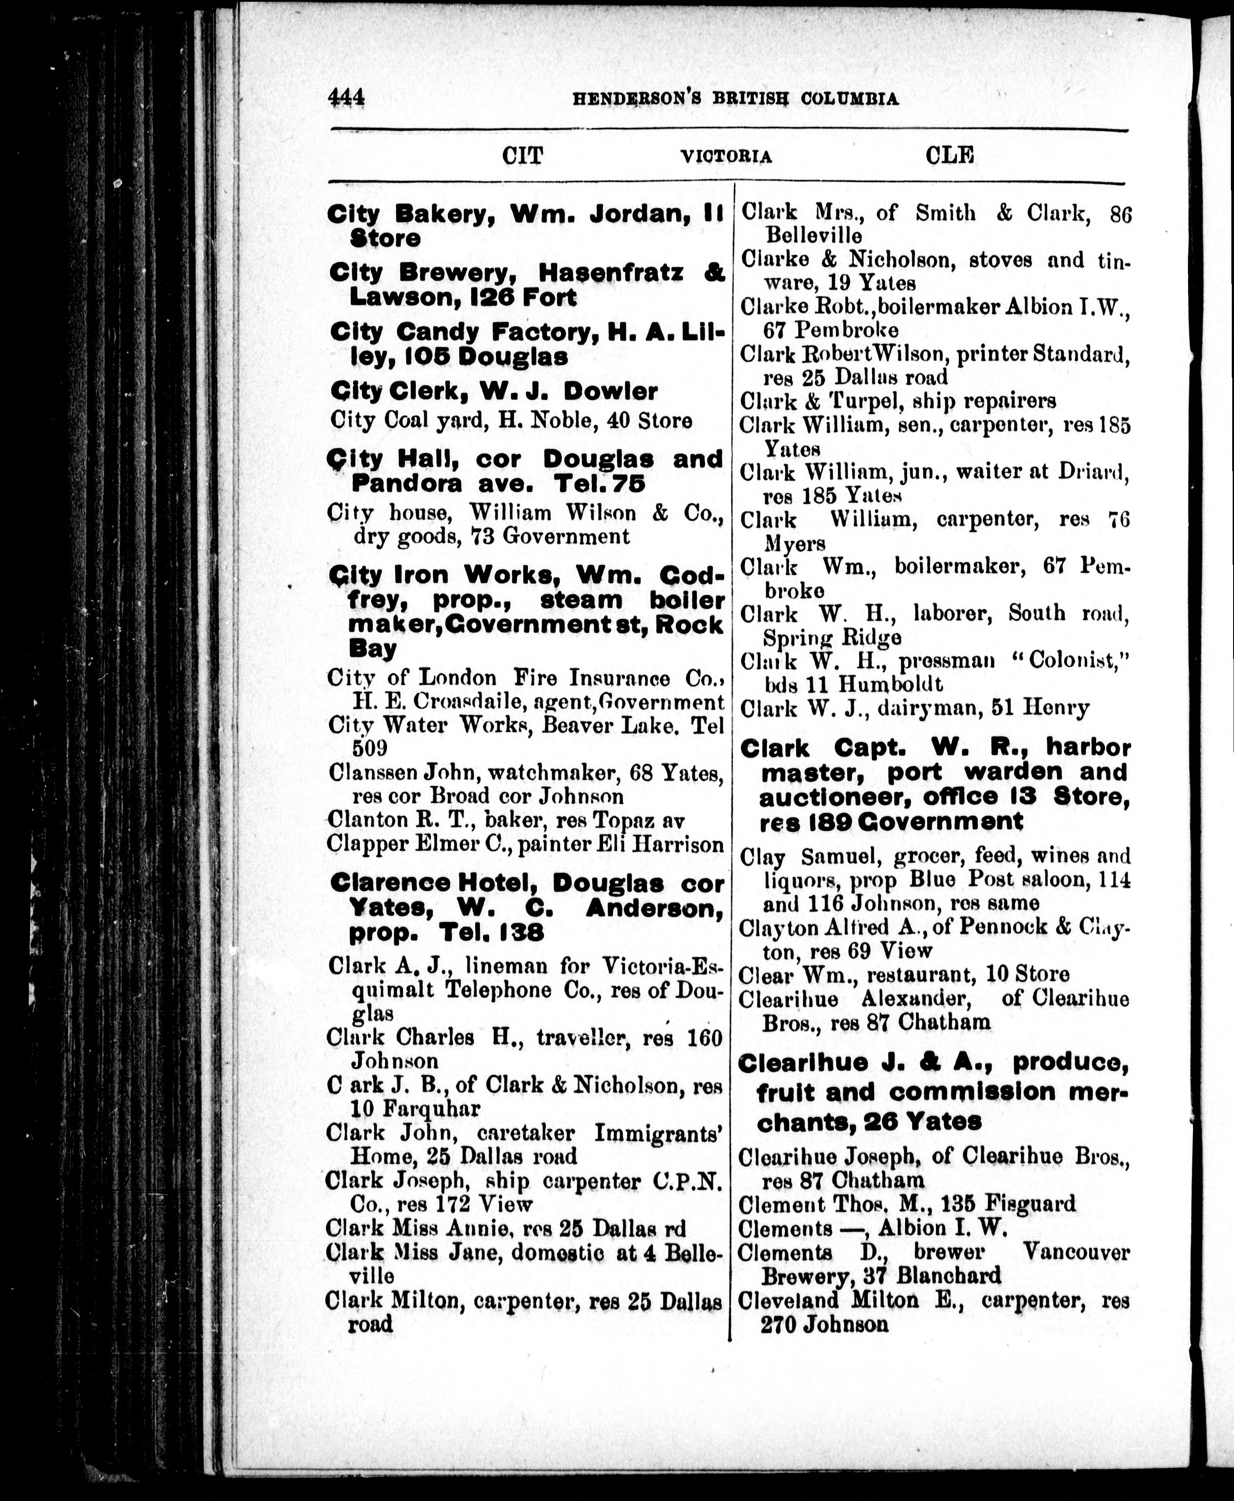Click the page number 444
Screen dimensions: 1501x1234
tap(346, 98)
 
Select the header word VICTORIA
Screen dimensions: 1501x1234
tap(726, 156)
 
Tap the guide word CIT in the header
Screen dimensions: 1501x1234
tap(523, 155)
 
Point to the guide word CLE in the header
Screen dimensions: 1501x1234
tap(950, 155)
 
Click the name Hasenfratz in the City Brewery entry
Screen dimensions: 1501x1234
tap(611, 273)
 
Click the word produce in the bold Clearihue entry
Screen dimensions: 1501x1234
tap(1071, 1063)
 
